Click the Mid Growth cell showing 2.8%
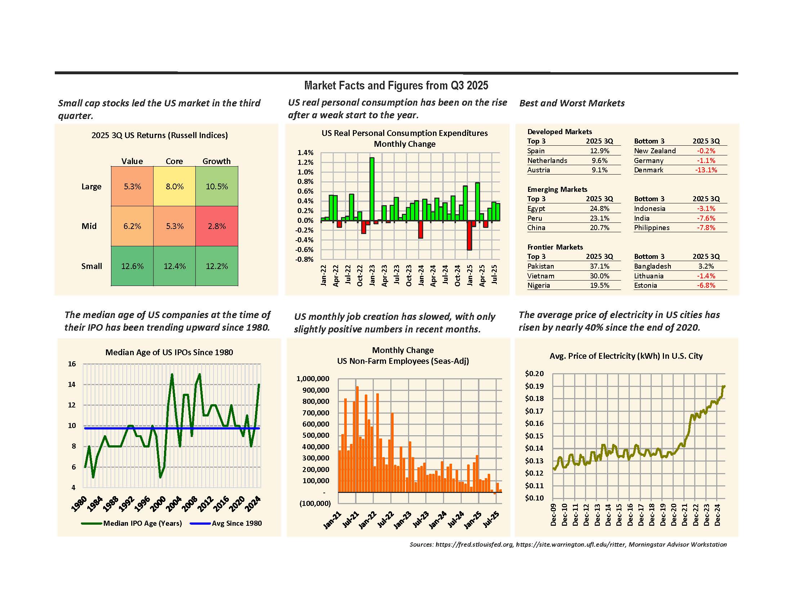coord(217,226)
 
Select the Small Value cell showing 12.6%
coord(132,266)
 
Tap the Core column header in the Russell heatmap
coord(174,161)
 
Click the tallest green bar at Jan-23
coord(372,189)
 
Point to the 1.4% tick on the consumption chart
coord(305,153)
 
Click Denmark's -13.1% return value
coord(706,170)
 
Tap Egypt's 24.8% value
coord(599,208)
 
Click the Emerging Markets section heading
coord(557,189)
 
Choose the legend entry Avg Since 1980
coord(237,523)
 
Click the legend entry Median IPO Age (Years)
coord(142,523)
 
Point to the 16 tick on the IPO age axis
coord(72,364)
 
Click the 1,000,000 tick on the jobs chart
coord(313,379)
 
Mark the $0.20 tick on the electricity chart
coord(534,374)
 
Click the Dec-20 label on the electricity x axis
coord(674,515)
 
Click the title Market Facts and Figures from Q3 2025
coord(396,86)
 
